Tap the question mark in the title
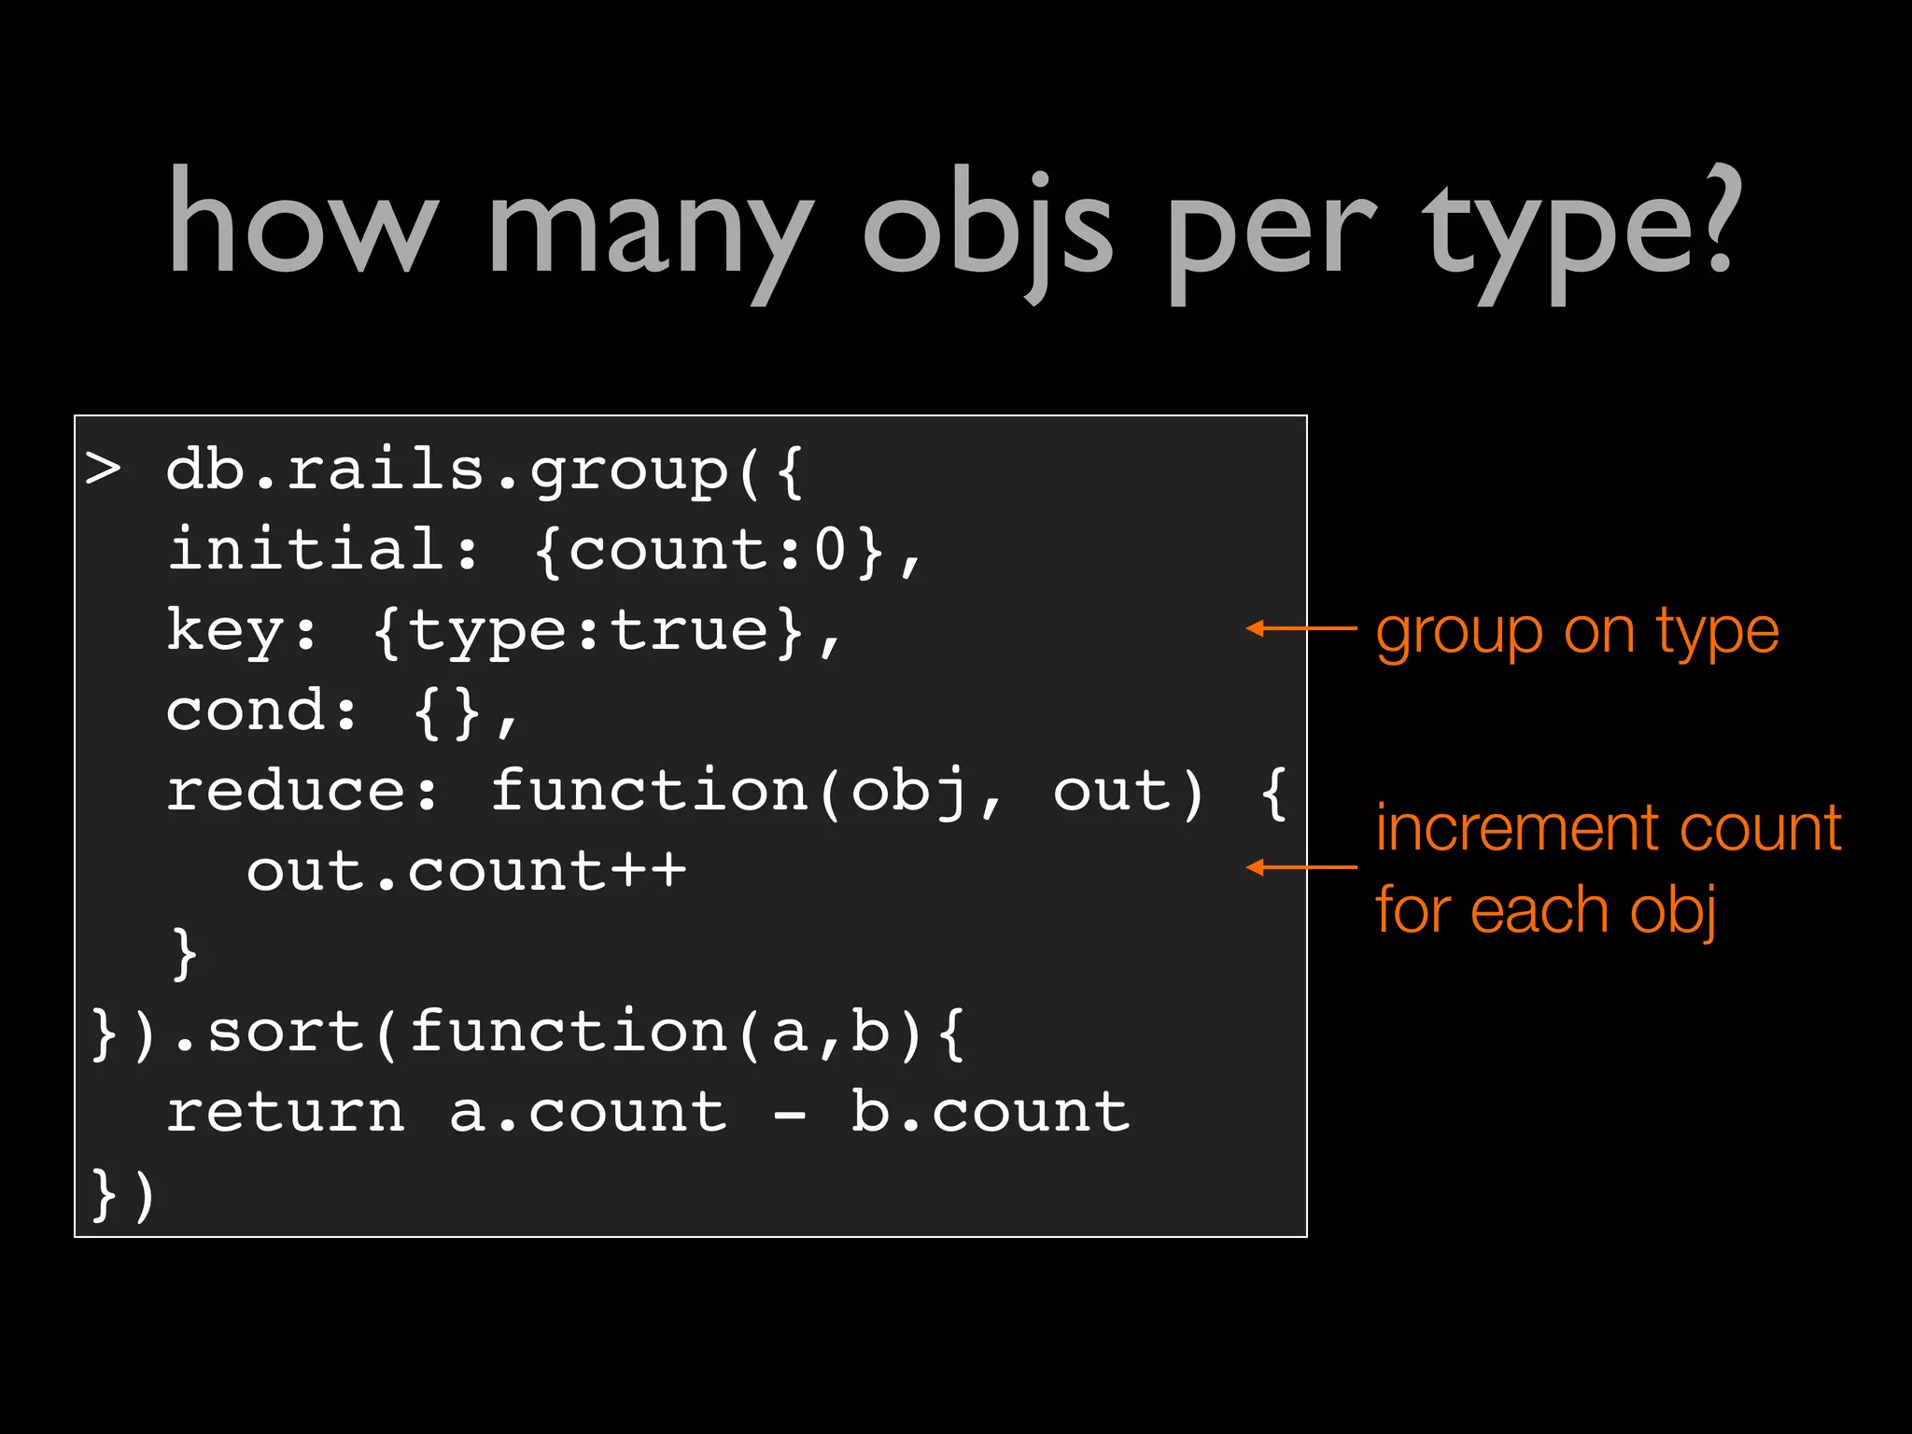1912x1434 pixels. [x=1716, y=219]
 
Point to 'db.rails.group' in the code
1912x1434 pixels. [x=446, y=470]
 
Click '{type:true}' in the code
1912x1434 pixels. [x=588, y=630]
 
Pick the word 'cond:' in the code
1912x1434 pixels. [x=262, y=710]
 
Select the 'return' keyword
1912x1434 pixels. [x=286, y=1112]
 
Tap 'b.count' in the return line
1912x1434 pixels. [x=990, y=1112]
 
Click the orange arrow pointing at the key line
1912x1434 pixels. [x=1300, y=629]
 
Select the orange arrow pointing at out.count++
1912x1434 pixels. [x=1300, y=868]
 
